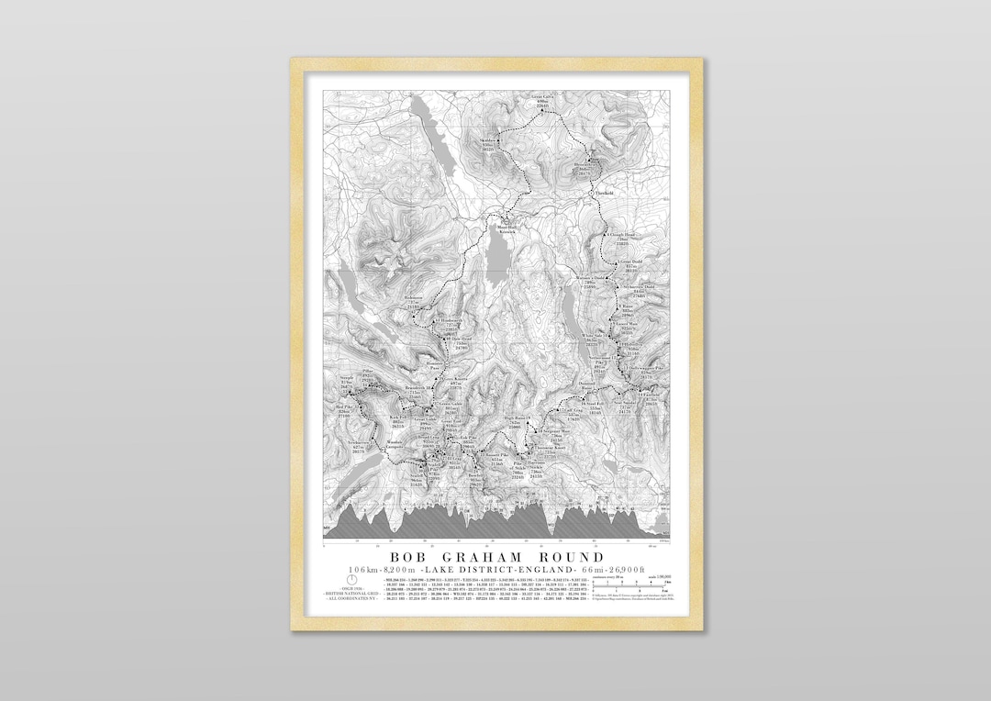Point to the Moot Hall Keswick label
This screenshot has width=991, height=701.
[507, 228]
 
